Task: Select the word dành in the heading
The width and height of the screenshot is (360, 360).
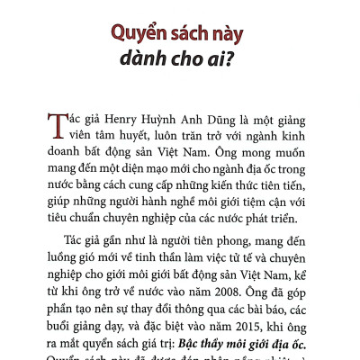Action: [149, 66]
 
